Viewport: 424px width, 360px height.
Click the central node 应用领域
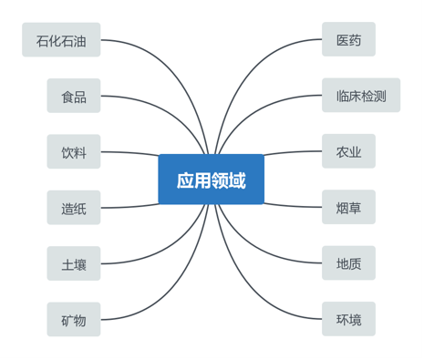[x=211, y=180]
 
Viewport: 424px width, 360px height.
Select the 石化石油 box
[x=61, y=40]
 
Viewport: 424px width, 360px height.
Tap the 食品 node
[x=74, y=96]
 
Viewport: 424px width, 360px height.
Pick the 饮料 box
[x=74, y=152]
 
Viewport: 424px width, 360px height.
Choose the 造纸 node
[x=74, y=208]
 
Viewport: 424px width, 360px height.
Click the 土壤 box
[x=74, y=264]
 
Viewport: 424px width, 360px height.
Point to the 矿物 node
[x=74, y=320]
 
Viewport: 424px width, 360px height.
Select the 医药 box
[x=348, y=40]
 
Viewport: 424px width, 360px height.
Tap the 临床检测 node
[x=360, y=96]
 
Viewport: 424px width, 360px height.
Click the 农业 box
[x=348, y=152]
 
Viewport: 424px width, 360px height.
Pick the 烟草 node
[x=348, y=208]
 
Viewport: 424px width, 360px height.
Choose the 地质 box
[x=348, y=264]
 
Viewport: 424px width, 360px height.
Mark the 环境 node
[x=348, y=320]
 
